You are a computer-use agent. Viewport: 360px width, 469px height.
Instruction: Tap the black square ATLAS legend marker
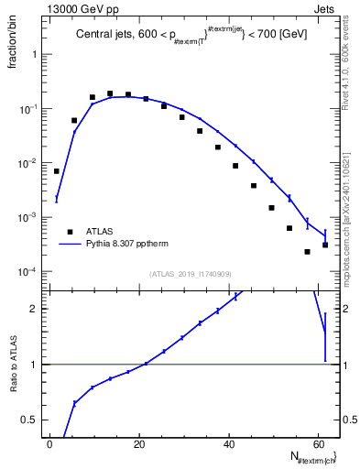tap(68, 232)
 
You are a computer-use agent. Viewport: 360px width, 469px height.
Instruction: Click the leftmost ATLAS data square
tap(57, 171)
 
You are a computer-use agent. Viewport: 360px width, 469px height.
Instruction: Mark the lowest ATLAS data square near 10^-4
tap(308, 251)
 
